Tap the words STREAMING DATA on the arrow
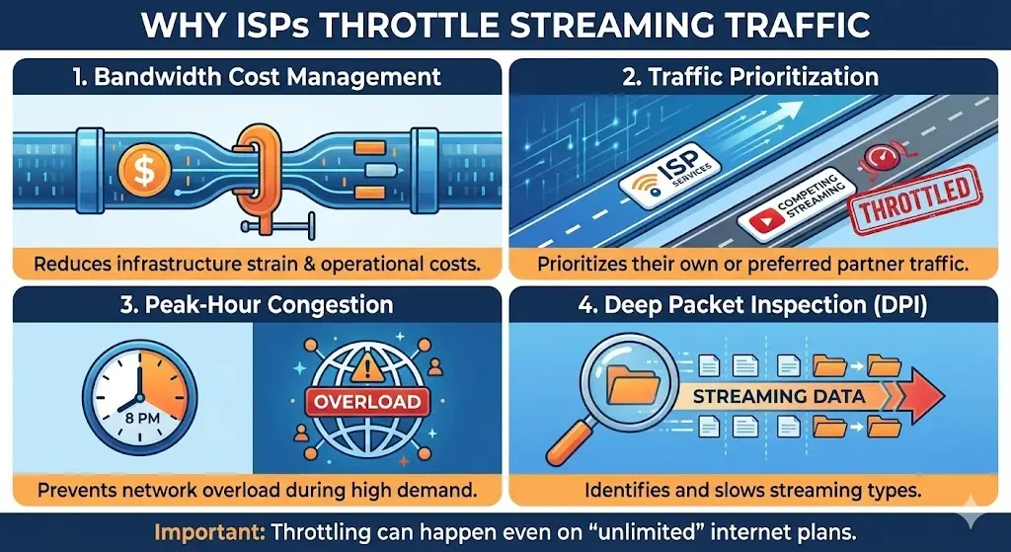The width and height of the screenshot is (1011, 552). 773,396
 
